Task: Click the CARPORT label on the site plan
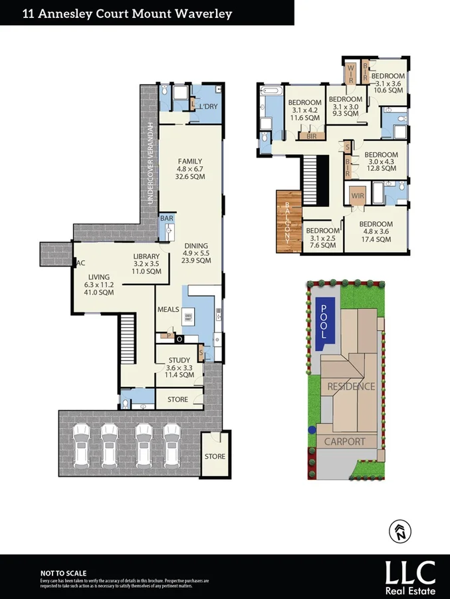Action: [x=344, y=441]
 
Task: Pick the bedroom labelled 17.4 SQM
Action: [x=376, y=231]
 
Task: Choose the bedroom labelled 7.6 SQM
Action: [x=320, y=238]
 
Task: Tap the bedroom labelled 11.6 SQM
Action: [x=304, y=110]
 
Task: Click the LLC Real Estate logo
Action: [x=411, y=576]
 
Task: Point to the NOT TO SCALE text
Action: [x=63, y=572]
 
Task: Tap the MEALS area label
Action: [x=168, y=309]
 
